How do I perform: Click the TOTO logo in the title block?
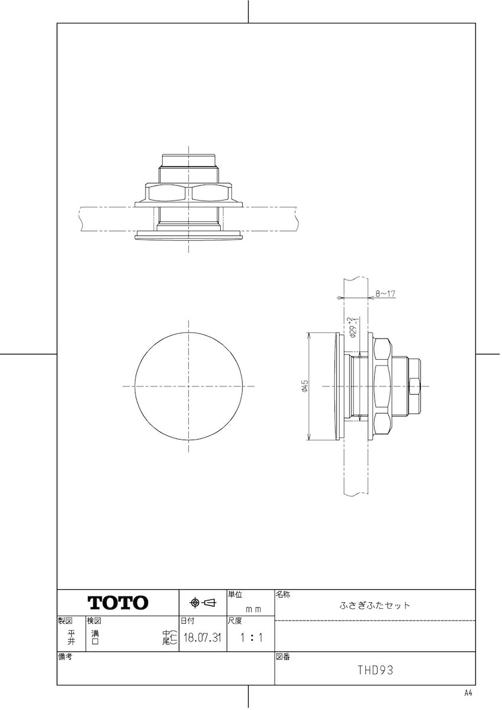(118, 603)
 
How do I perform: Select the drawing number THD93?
(375, 670)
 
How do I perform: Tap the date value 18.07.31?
(202, 638)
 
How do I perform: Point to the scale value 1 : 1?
(251, 638)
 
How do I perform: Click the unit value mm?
(253, 609)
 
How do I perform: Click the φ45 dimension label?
(304, 386)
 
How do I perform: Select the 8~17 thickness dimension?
(385, 293)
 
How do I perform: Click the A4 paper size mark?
(468, 693)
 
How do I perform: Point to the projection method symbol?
(202, 603)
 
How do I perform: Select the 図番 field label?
(283, 657)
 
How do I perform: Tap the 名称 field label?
(283, 593)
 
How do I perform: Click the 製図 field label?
(65, 621)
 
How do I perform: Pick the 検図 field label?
(94, 621)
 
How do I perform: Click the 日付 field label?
(186, 621)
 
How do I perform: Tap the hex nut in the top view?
(189, 192)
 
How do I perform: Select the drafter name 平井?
(71, 637)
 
